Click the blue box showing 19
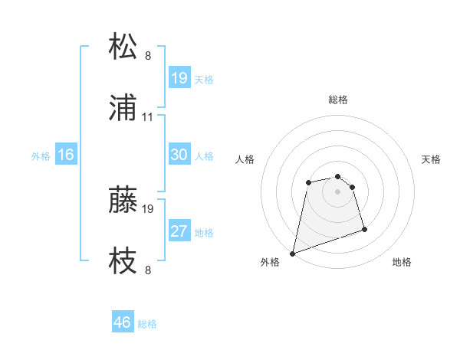click(179, 78)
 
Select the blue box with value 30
click(179, 155)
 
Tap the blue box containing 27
click(179, 231)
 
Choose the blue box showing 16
click(66, 155)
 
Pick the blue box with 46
click(123, 322)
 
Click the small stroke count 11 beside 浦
click(148, 117)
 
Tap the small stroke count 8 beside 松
click(148, 56)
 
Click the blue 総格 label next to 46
click(147, 324)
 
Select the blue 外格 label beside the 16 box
click(41, 155)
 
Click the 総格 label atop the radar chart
click(338, 100)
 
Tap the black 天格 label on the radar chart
click(432, 159)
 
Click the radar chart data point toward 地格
click(364, 229)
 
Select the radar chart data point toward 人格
click(308, 182)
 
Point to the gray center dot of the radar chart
click(338, 191)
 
